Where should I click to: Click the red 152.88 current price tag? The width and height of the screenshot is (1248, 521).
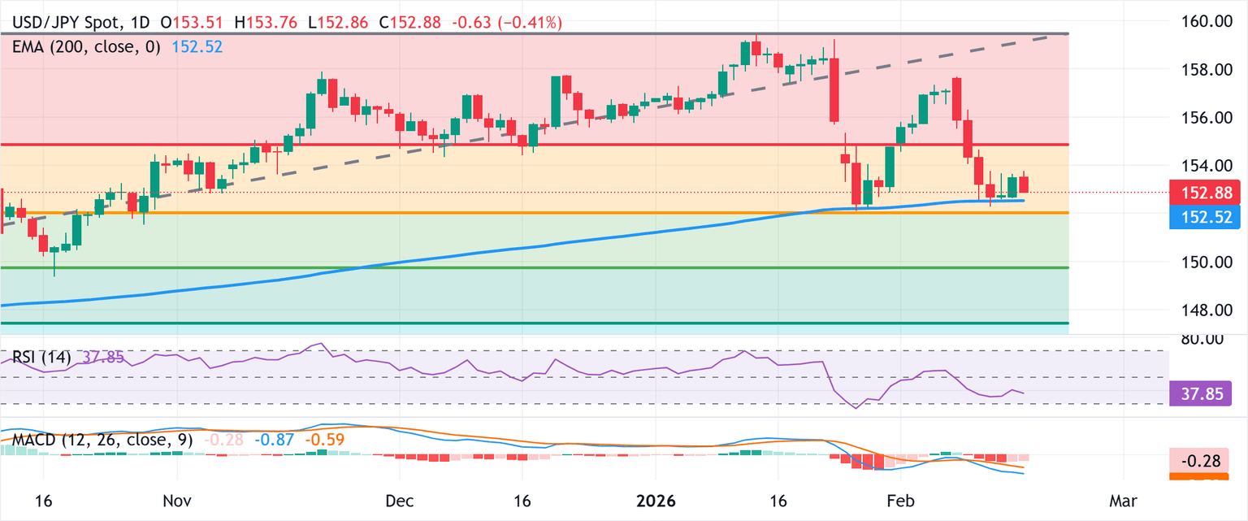pyautogui.click(x=1200, y=193)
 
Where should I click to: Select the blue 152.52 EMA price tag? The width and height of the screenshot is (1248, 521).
pyautogui.click(x=1200, y=216)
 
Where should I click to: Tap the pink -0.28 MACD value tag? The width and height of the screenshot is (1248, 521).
pyautogui.click(x=1200, y=459)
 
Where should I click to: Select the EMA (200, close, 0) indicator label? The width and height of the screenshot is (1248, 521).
pyautogui.click(x=89, y=47)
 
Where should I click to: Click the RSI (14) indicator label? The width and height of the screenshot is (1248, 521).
pyautogui.click(x=41, y=357)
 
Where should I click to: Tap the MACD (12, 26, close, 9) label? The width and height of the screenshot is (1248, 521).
pyautogui.click(x=102, y=441)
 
